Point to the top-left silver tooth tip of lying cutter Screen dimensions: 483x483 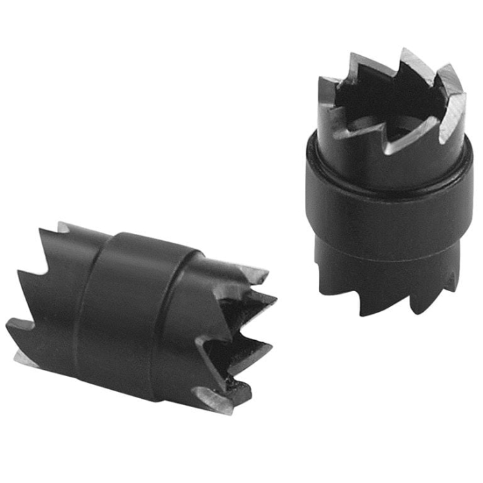coord(62,226)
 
